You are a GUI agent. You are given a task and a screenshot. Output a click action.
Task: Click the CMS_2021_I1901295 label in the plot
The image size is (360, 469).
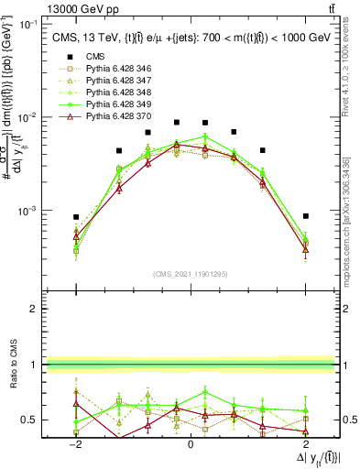pos(191,273)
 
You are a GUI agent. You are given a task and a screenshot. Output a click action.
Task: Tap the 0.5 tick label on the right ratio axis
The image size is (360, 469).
pos(349,420)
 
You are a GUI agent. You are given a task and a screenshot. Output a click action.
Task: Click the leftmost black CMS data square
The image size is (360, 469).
pos(76,217)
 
